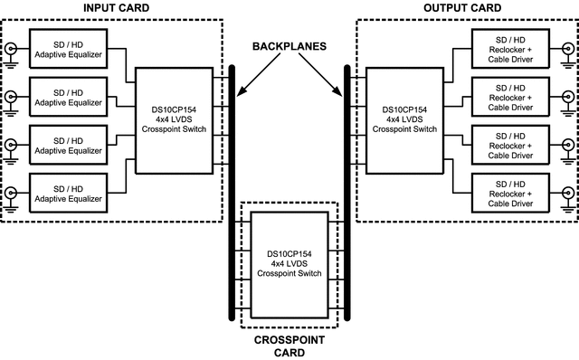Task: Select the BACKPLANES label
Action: [x=289, y=47]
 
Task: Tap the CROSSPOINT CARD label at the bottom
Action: [x=289, y=346]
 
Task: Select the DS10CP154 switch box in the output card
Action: [x=407, y=120]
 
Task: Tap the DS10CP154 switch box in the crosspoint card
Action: [x=289, y=263]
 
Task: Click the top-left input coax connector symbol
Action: [x=11, y=48]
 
